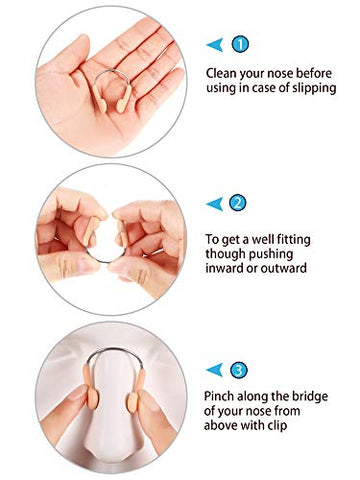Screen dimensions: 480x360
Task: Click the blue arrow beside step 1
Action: [x=214, y=44]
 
